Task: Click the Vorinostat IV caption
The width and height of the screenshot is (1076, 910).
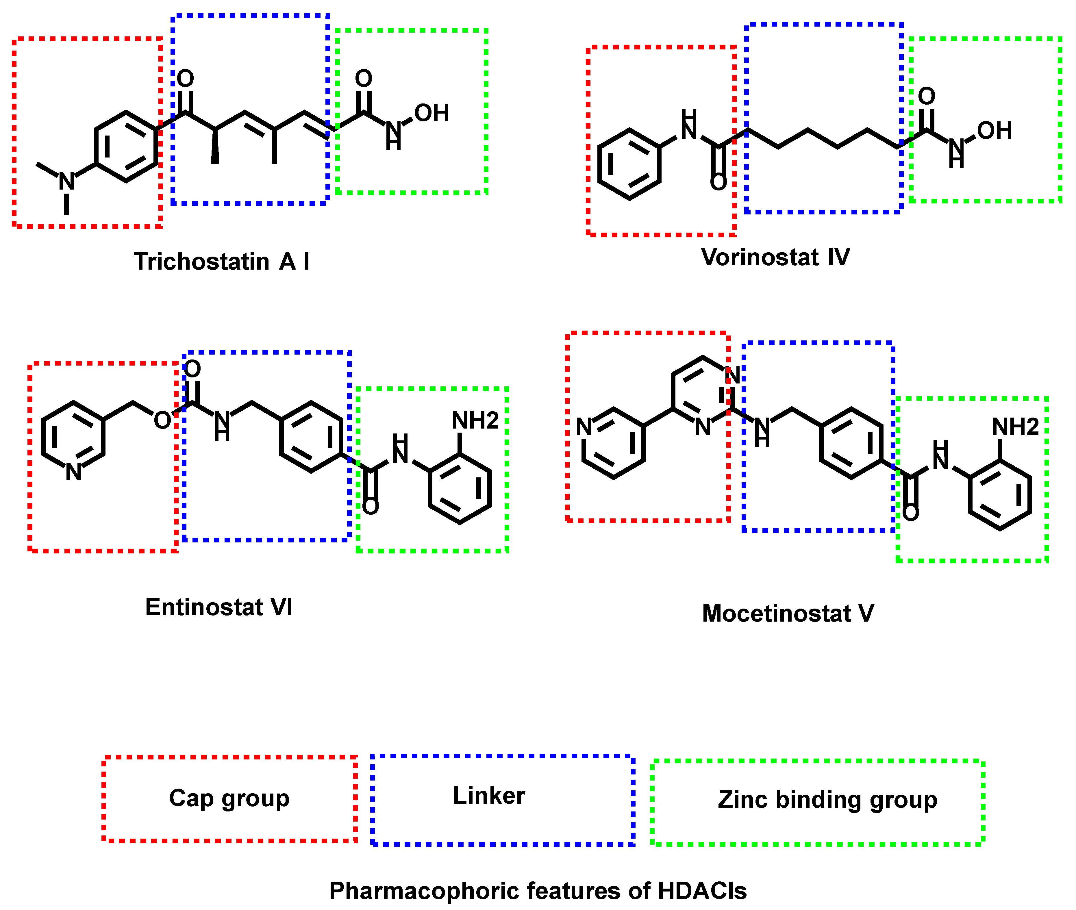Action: (x=775, y=257)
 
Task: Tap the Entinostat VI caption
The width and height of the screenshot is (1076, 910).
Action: (x=219, y=607)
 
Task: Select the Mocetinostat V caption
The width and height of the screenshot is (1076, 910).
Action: (x=788, y=614)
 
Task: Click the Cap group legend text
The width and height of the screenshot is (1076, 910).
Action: (x=229, y=798)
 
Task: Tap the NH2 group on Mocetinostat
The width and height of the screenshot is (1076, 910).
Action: (x=1015, y=427)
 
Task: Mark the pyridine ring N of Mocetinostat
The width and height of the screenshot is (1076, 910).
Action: (x=584, y=427)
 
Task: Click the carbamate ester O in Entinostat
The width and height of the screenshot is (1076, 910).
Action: (x=162, y=420)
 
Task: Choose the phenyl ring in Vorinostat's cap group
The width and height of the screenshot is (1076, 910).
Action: (x=629, y=164)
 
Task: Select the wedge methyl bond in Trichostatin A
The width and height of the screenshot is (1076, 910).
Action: (x=215, y=147)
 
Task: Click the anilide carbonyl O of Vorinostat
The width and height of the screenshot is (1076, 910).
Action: (x=718, y=182)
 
